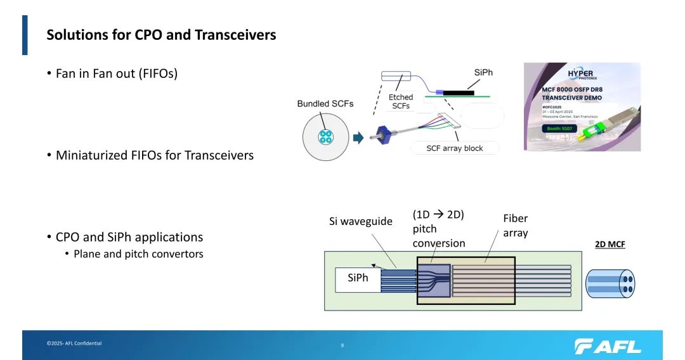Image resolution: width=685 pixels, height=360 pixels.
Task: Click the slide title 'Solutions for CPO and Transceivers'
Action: pyautogui.click(x=161, y=35)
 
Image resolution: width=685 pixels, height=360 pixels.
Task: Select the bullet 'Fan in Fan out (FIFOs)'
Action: pyautogui.click(x=117, y=73)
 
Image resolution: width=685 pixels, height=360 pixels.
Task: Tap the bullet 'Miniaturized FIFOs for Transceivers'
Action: pyautogui.click(x=154, y=155)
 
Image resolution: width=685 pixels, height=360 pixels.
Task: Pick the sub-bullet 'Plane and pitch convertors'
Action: pyautogui.click(x=138, y=254)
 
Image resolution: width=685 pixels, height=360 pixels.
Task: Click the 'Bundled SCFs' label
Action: pyautogui.click(x=325, y=103)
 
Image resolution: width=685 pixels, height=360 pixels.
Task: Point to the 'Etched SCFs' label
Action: pyautogui.click(x=401, y=101)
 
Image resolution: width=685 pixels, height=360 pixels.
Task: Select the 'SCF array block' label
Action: pyautogui.click(x=454, y=148)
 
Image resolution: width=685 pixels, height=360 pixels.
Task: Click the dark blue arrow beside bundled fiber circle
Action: pyautogui.click(x=358, y=137)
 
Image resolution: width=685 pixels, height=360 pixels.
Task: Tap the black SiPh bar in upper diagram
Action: pyautogui.click(x=459, y=93)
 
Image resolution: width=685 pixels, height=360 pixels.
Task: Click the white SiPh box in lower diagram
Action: pyautogui.click(x=358, y=279)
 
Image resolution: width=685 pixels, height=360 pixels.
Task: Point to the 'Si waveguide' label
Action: pyautogui.click(x=361, y=221)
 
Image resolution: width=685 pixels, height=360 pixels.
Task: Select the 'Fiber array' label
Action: pyautogui.click(x=515, y=226)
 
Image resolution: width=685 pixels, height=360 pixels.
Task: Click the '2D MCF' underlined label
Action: pyautogui.click(x=610, y=244)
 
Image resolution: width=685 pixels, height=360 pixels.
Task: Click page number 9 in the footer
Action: pyautogui.click(x=342, y=345)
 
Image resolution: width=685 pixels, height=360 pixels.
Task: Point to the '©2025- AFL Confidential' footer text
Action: pyautogui.click(x=74, y=344)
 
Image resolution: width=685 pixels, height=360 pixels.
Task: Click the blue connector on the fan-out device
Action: pyautogui.click(x=384, y=134)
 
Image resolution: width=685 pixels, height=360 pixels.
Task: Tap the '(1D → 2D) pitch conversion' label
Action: pyautogui.click(x=438, y=229)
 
